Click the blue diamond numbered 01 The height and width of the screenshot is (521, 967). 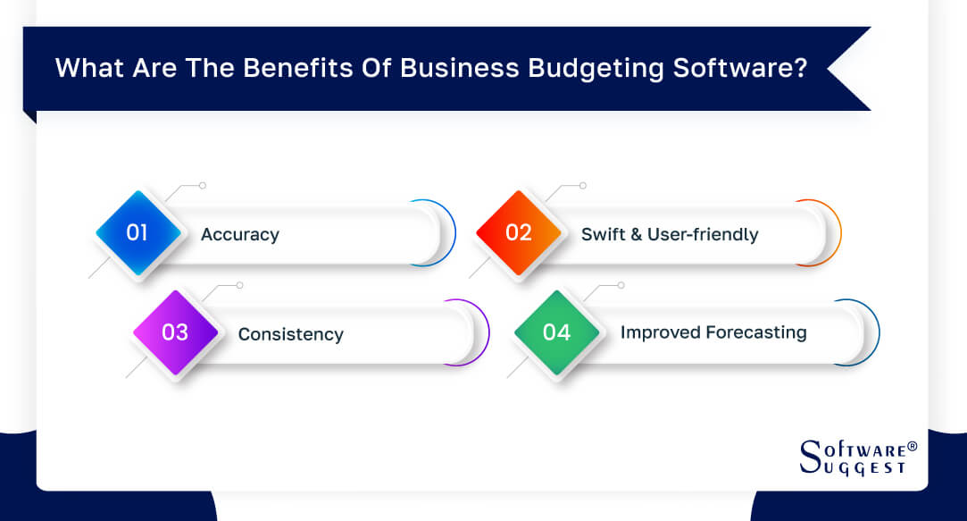point(138,233)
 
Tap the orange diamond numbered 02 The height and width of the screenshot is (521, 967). point(519,233)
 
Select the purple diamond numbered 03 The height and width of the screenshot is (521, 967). point(175,332)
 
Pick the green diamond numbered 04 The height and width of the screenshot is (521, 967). point(556,332)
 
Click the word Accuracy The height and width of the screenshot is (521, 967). point(240,235)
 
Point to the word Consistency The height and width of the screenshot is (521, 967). point(290,334)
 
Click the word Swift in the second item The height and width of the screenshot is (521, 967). point(604,234)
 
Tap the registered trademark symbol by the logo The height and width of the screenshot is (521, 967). point(912,444)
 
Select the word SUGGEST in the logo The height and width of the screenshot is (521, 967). point(864,466)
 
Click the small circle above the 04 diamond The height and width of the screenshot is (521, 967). point(621,285)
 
